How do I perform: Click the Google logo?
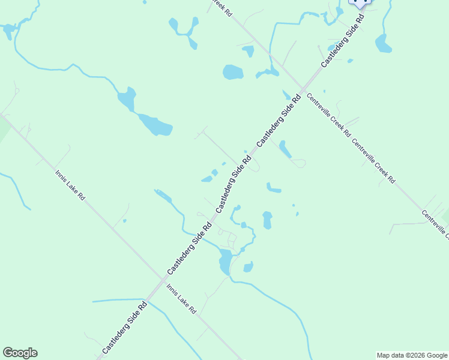[x=20, y=353]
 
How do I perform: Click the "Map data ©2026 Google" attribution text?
[x=412, y=355]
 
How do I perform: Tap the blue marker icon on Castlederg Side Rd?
[x=360, y=2]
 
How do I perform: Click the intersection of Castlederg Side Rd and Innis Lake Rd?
[x=163, y=278]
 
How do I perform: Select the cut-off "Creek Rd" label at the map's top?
[x=220, y=7]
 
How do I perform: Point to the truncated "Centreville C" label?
[x=435, y=224]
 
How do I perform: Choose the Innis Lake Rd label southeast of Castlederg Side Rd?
[x=181, y=299]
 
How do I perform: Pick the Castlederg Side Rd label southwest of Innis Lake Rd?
[x=124, y=327]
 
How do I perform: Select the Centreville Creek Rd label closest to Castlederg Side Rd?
[x=328, y=115]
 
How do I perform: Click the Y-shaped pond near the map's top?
[x=184, y=31]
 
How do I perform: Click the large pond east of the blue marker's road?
[x=382, y=43]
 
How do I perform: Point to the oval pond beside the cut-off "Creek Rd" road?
[x=233, y=73]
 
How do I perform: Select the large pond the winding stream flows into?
[x=225, y=262]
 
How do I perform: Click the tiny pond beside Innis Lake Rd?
[x=124, y=221]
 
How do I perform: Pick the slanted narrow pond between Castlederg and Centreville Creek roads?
[x=285, y=149]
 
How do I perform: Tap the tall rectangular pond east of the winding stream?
[x=267, y=220]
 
